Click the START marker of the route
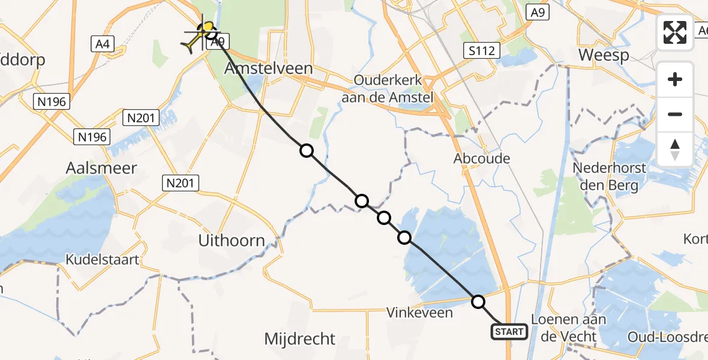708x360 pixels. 509,331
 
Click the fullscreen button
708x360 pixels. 675,32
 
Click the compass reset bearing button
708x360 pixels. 675,149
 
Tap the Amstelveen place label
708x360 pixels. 268,68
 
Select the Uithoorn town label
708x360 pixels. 232,241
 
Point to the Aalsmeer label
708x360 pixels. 101,168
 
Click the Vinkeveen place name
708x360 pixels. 419,313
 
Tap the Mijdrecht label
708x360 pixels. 299,339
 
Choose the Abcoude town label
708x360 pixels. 482,159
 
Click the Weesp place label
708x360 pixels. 604,56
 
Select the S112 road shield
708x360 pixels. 483,50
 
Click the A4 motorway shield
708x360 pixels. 102,43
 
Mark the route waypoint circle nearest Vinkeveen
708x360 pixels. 478,302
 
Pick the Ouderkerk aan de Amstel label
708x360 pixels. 393,88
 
